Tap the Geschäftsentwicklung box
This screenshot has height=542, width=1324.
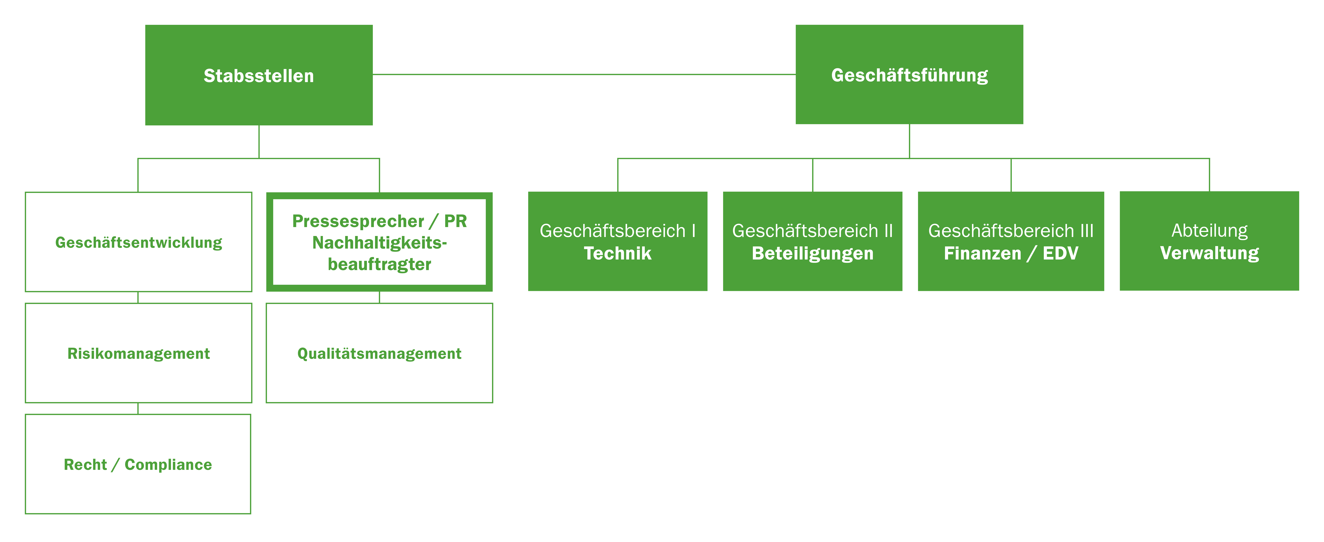(138, 242)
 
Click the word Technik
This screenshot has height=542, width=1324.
(617, 253)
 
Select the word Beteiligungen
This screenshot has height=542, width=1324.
(812, 253)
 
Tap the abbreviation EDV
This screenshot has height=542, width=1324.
(1060, 253)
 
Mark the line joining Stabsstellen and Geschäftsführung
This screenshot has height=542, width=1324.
(584, 74)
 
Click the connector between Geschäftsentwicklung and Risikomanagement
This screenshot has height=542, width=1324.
(138, 297)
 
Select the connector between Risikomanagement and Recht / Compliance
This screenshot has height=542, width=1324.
(138, 408)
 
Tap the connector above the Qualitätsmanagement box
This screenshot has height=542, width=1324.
(379, 297)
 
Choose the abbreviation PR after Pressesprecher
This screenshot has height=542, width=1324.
(455, 221)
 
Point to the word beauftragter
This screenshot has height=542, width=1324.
(379, 264)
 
